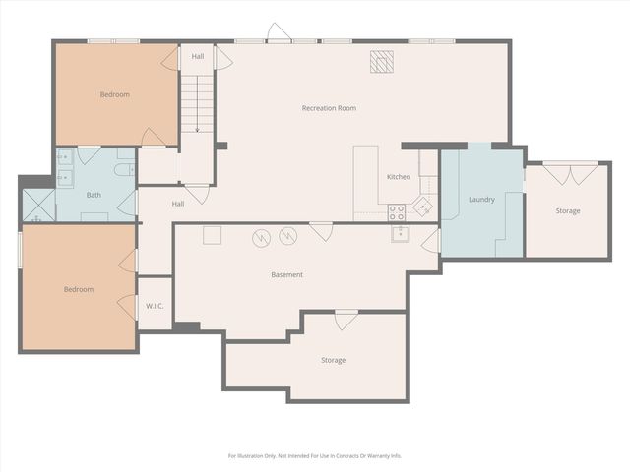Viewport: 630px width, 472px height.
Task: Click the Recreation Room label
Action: (329, 108)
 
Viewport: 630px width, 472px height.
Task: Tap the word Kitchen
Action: (399, 177)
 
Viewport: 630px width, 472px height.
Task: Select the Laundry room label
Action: (481, 200)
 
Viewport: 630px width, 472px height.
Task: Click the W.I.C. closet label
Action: (155, 305)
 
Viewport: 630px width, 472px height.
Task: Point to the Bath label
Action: (94, 195)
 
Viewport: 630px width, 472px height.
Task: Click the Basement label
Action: (286, 275)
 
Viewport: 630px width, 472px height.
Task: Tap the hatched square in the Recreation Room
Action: (380, 62)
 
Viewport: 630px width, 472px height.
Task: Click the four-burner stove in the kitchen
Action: (397, 211)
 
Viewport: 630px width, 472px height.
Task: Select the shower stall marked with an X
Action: (37, 205)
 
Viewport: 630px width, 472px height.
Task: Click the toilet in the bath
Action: (122, 169)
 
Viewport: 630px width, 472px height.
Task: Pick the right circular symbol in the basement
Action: (287, 236)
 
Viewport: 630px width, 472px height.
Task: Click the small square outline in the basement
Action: (212, 234)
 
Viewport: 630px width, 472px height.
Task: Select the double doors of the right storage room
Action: (569, 174)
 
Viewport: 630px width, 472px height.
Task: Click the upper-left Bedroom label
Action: (115, 95)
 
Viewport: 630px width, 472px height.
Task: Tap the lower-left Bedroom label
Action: (79, 289)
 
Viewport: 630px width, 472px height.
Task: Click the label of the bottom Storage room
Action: (333, 361)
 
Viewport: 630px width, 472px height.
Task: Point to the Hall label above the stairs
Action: (198, 56)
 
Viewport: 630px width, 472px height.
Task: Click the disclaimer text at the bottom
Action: (315, 456)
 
